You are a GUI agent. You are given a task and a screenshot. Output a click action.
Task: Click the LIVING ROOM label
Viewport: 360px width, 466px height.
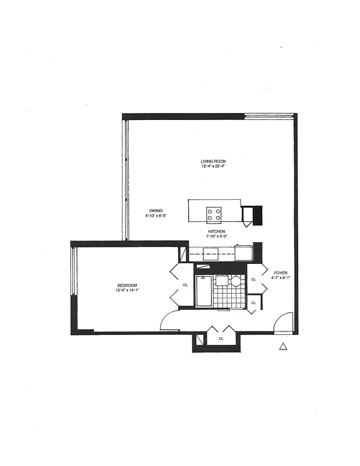213,161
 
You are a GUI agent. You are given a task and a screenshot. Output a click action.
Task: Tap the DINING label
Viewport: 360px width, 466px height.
156,210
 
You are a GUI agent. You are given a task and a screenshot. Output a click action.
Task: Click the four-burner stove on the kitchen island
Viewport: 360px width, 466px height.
214,214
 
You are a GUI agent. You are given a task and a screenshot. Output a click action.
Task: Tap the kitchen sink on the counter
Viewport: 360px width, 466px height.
210,253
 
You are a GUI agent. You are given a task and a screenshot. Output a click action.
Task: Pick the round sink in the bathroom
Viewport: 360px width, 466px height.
236,281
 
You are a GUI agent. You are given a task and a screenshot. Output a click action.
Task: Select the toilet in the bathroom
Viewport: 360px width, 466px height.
223,280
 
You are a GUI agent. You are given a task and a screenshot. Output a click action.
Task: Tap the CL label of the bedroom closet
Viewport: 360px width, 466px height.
185,285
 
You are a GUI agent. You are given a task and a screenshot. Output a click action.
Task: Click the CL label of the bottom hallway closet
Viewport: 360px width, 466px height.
221,338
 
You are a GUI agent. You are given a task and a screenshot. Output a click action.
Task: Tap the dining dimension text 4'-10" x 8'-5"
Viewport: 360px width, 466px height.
156,216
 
